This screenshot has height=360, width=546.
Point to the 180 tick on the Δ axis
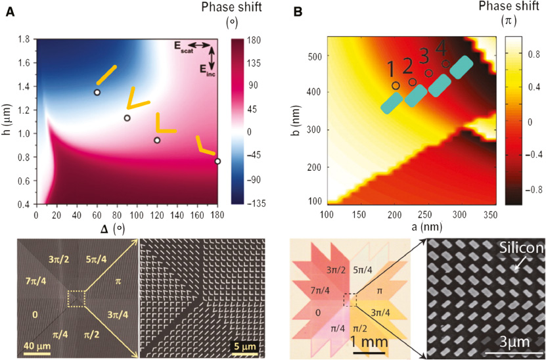point(216,214)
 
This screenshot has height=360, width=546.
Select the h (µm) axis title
point(8,122)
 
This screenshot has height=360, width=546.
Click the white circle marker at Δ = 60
point(97,93)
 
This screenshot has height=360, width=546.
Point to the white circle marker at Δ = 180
point(217,161)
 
